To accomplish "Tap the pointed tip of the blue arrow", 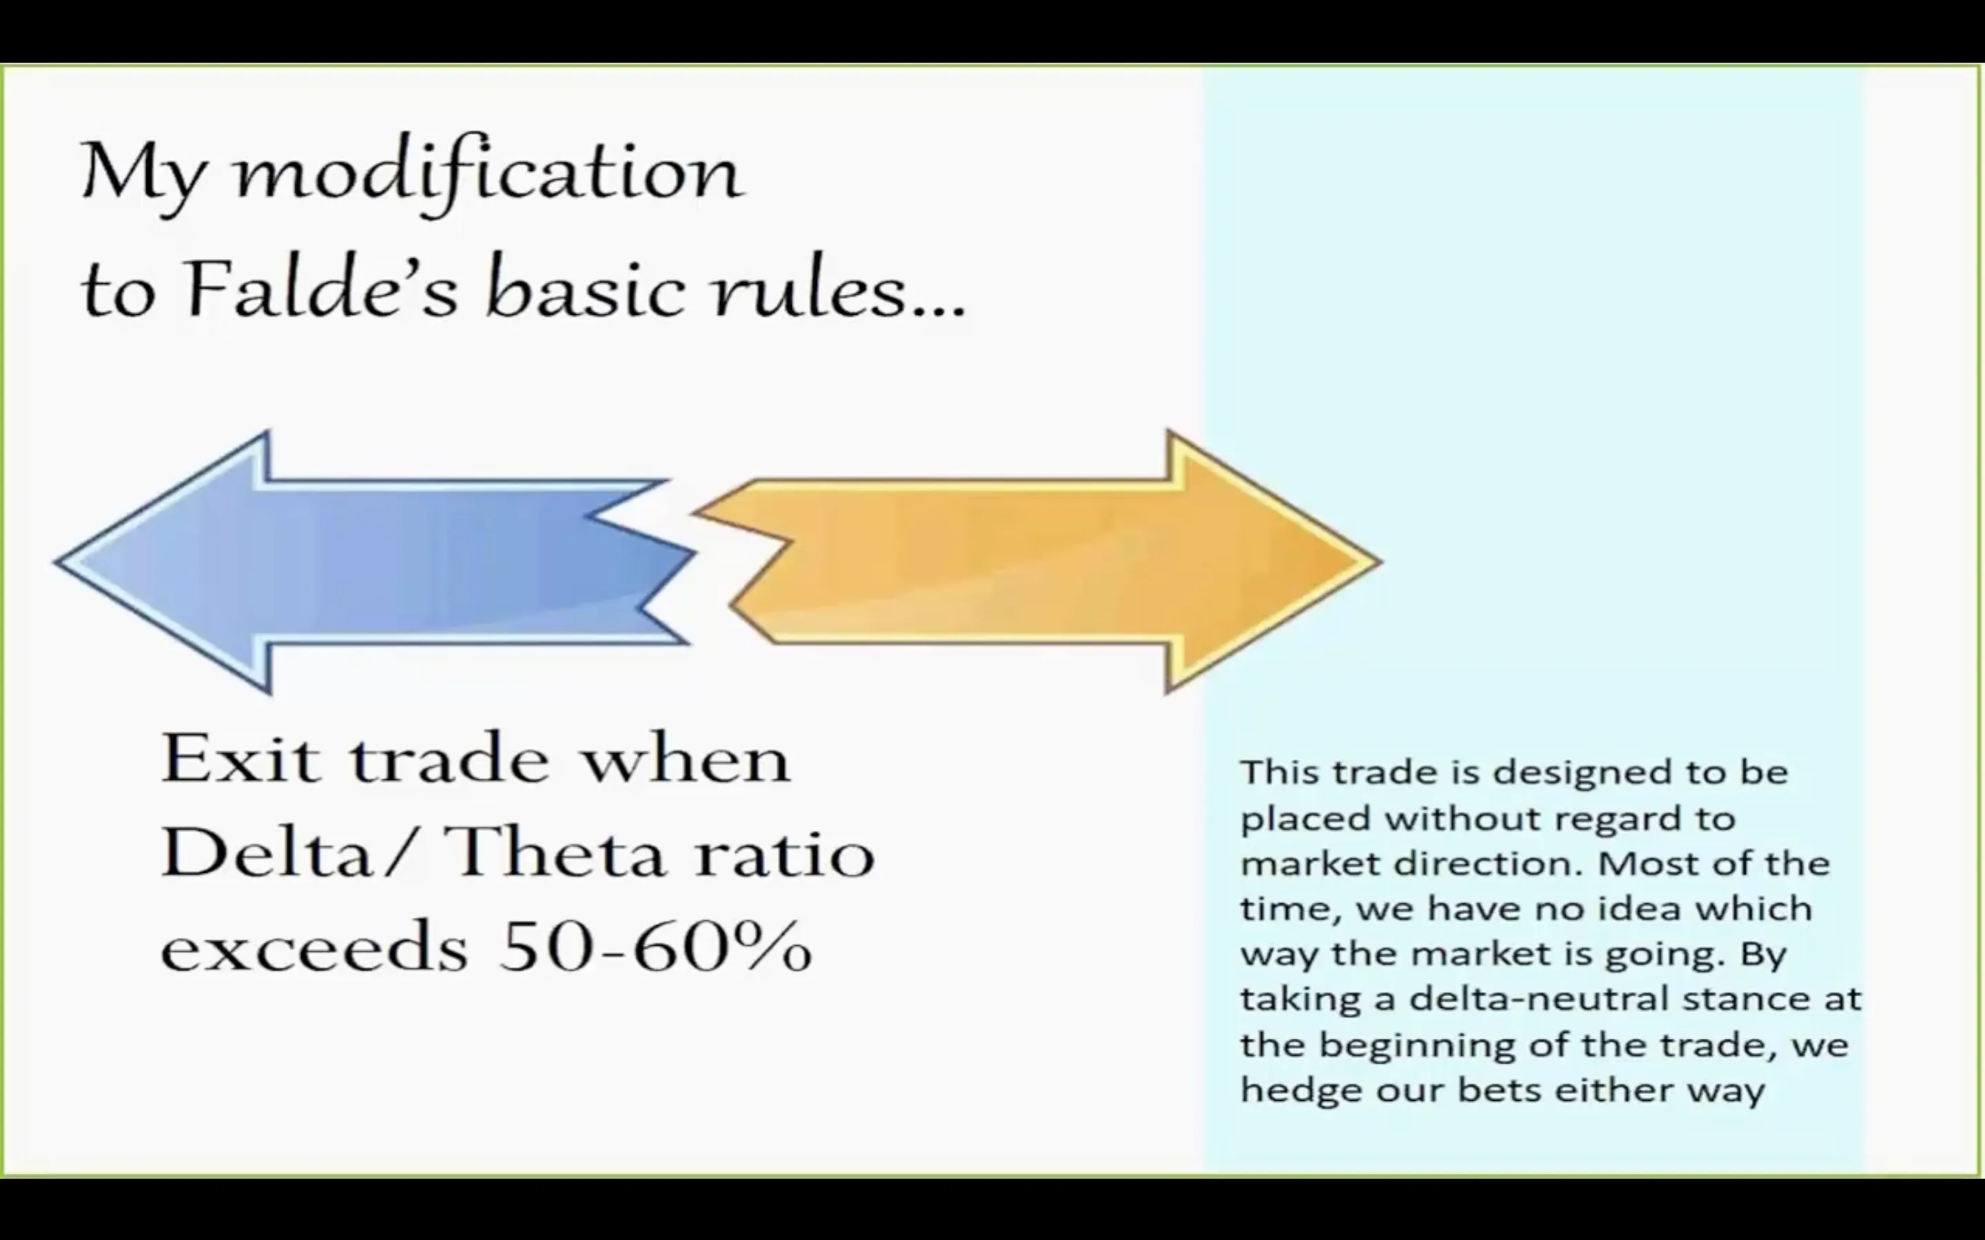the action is (55, 563).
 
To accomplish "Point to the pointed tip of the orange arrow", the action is (1383, 563).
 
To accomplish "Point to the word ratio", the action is (784, 853).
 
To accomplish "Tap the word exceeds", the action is (314, 947).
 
